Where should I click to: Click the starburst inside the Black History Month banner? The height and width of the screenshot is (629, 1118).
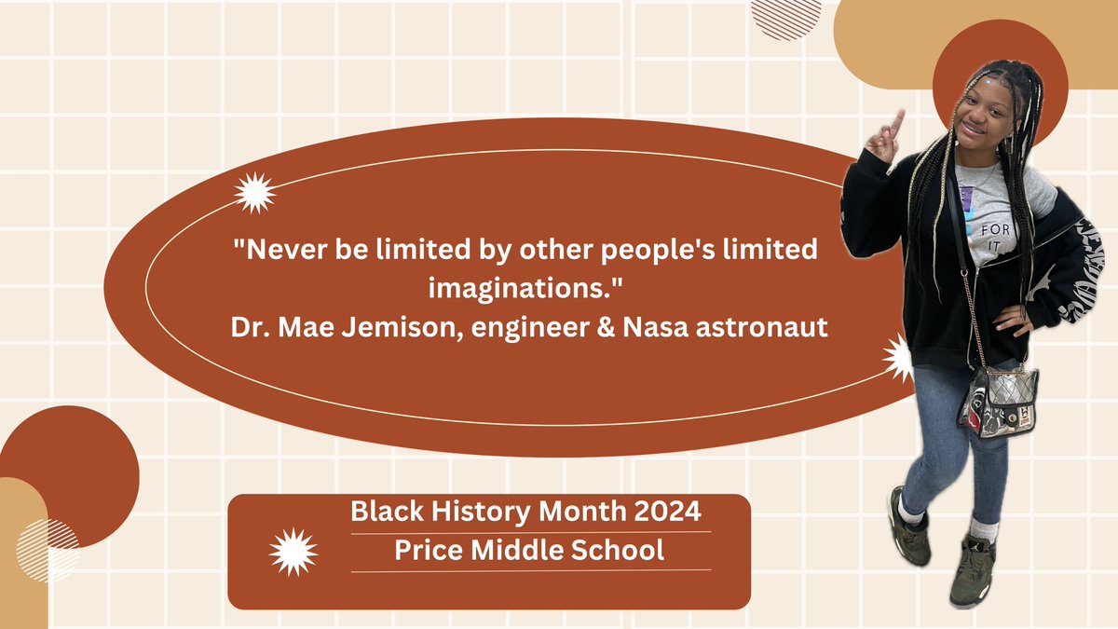(x=293, y=552)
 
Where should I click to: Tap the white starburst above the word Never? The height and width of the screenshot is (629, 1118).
(x=254, y=193)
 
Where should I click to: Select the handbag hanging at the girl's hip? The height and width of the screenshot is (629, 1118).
(x=998, y=401)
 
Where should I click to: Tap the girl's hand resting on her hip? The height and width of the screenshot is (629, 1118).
(x=1013, y=321)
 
